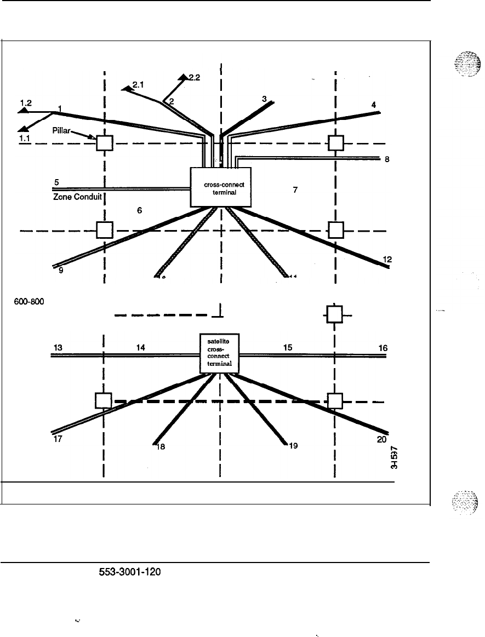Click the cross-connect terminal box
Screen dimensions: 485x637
click(220, 187)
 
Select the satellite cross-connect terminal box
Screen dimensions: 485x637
click(219, 354)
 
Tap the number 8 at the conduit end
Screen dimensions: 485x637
click(387, 161)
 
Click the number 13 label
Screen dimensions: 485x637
click(58, 347)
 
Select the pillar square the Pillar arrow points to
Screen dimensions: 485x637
click(104, 143)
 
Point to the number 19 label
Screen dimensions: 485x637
click(293, 446)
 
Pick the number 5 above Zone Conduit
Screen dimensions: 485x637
click(56, 182)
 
